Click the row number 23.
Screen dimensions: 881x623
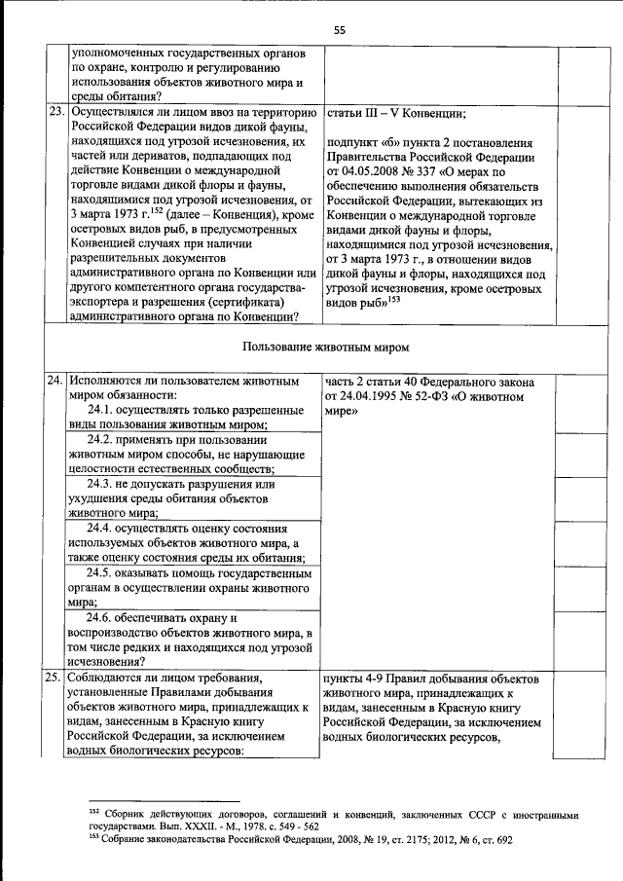coord(56,112)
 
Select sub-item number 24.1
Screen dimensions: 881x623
coord(102,411)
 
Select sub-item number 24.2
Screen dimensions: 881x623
coord(102,440)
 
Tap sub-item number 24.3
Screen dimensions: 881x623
coord(102,484)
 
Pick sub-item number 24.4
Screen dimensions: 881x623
coord(102,528)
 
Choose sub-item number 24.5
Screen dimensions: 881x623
coord(102,572)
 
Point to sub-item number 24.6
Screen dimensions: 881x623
coord(102,617)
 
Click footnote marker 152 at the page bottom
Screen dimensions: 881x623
coord(93,811)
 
